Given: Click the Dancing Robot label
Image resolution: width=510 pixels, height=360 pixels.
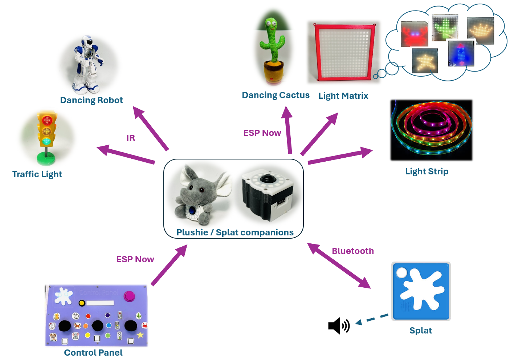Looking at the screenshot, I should pyautogui.click(x=91, y=100).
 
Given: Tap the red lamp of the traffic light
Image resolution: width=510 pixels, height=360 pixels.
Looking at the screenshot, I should pyautogui.click(x=47, y=120).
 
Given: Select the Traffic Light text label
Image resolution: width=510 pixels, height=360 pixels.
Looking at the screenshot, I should pyautogui.click(x=37, y=174).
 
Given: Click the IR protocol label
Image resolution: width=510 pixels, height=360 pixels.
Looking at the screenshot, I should pyautogui.click(x=131, y=138).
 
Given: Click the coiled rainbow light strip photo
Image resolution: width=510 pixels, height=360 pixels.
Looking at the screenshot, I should pyautogui.click(x=431, y=130).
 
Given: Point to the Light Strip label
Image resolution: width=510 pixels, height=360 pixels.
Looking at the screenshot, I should pyautogui.click(x=427, y=171).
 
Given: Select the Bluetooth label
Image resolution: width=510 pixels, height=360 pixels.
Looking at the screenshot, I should pyautogui.click(x=353, y=251).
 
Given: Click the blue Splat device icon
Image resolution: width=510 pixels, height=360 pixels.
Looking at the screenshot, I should pyautogui.click(x=421, y=291).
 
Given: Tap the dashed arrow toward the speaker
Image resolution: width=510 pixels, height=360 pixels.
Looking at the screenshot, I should pyautogui.click(x=372, y=319).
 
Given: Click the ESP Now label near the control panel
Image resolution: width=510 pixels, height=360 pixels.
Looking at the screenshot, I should pyautogui.click(x=135, y=259).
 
